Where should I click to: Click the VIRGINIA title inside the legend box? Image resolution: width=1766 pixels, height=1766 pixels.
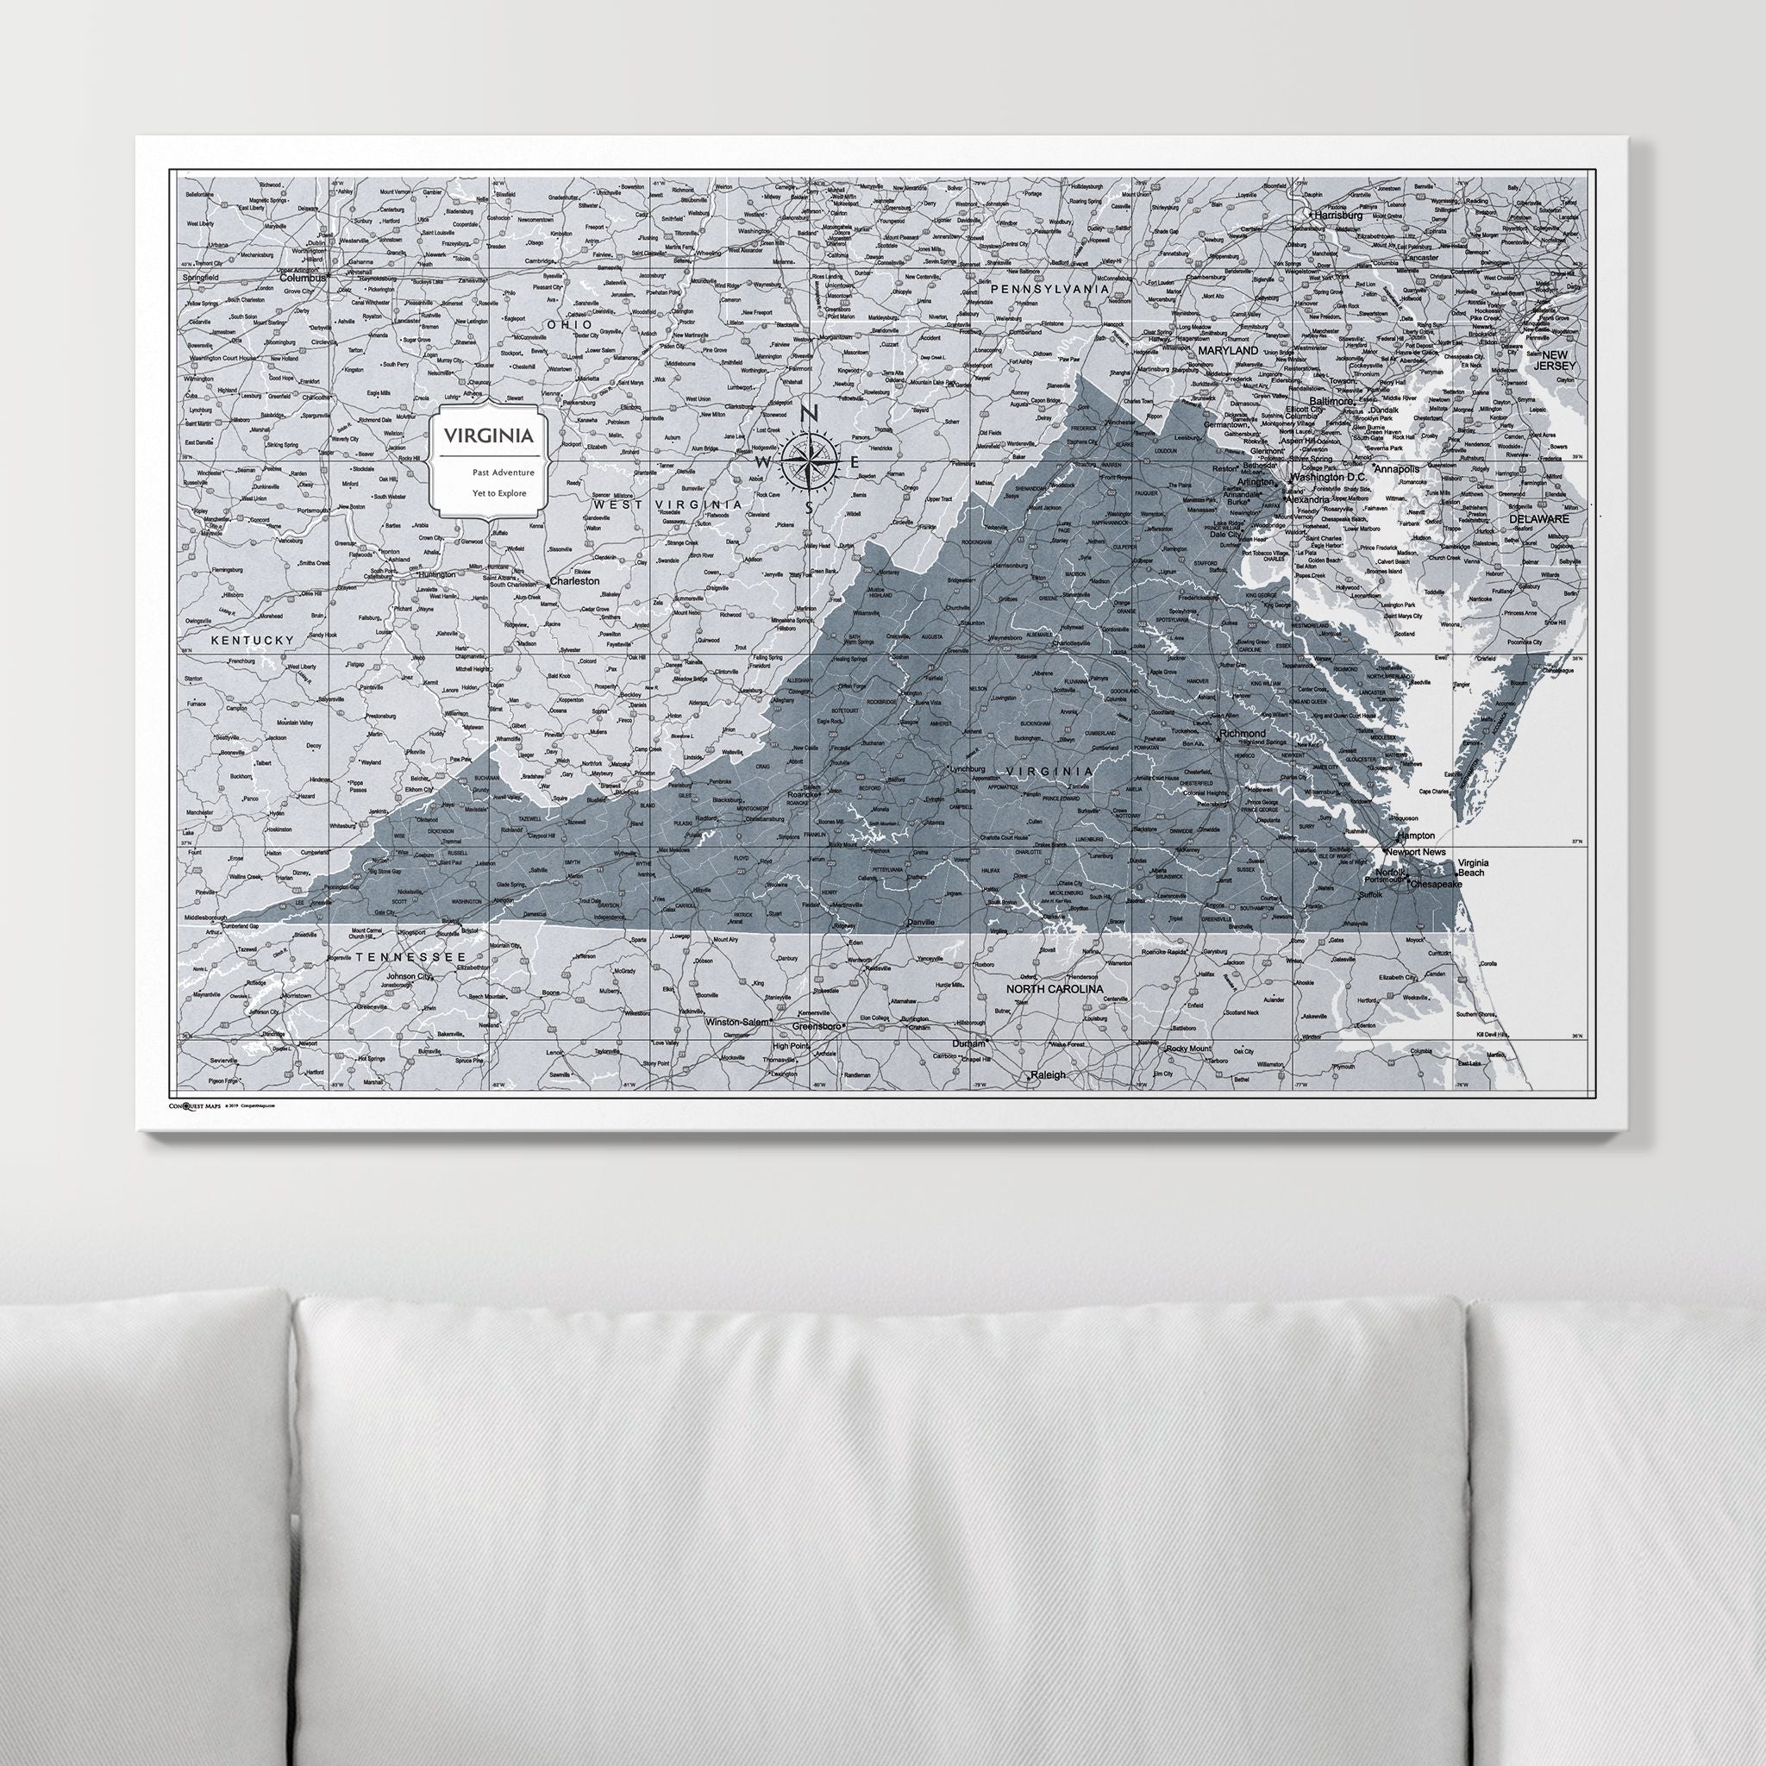[489, 435]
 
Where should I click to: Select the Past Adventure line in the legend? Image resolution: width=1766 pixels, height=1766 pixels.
[489, 473]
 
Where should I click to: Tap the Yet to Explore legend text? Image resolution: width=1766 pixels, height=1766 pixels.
[489, 493]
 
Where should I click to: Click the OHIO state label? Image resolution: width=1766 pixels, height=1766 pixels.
[567, 324]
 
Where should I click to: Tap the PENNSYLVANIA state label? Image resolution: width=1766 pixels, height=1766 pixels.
[1049, 289]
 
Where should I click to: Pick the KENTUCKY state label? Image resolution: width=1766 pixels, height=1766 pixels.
[253, 640]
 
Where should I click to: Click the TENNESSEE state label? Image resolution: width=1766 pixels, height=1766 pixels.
[411, 956]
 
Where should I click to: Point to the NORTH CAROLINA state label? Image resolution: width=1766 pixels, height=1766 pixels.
[1054, 989]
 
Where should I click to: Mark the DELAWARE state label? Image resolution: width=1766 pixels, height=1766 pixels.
[1538, 517]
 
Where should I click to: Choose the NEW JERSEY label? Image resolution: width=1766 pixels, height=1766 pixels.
[1557, 360]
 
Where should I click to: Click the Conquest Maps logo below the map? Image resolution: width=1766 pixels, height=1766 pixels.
[197, 1105]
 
